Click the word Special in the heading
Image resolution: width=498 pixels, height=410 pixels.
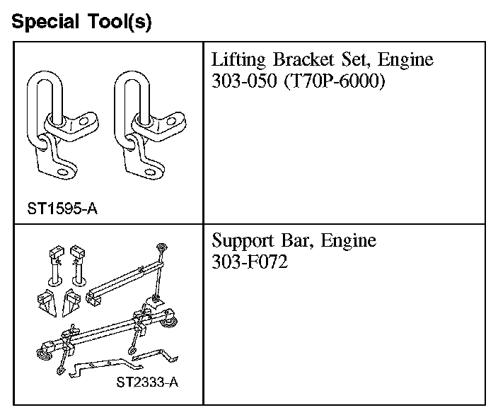(x=45, y=22)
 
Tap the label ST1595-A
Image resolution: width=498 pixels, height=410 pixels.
(x=62, y=209)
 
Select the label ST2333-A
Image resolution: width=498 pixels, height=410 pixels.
(x=147, y=382)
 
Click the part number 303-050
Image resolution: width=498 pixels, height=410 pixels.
(x=244, y=81)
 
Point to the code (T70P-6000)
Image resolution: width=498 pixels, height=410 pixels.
(x=335, y=81)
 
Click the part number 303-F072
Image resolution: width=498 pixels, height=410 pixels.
(x=250, y=262)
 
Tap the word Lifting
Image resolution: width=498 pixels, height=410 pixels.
(x=238, y=60)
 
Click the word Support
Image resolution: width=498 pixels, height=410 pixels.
(x=243, y=241)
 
